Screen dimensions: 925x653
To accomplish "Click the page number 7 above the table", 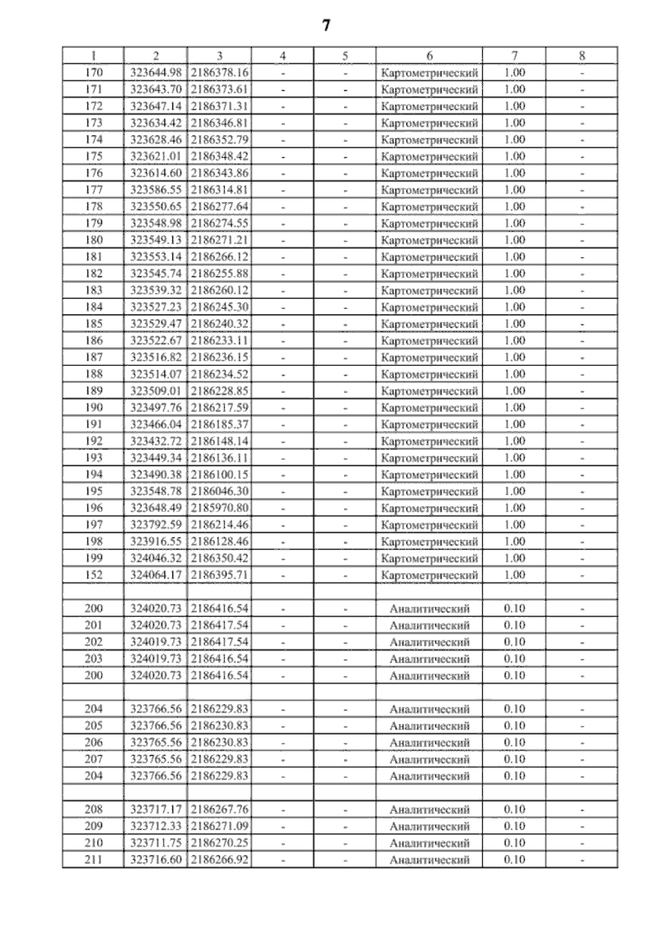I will [x=326, y=26].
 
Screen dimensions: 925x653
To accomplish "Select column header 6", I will [x=429, y=55].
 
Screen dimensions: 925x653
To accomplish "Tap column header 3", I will [x=219, y=55].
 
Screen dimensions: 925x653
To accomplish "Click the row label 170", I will [x=94, y=72].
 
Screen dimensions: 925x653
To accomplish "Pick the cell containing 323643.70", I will [x=156, y=89].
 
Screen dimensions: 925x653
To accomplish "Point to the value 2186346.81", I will [x=219, y=123].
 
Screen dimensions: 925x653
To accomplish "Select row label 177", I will [x=94, y=190].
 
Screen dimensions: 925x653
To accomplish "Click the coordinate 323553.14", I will [x=156, y=257].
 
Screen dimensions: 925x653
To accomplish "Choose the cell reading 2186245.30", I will [x=219, y=307].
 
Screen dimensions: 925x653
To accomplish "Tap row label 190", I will [x=94, y=408].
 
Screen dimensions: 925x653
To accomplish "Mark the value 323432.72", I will [x=156, y=441].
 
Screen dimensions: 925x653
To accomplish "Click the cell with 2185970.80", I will [x=219, y=508].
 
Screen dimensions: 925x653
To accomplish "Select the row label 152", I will [x=94, y=575].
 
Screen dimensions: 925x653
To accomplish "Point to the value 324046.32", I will [x=156, y=558].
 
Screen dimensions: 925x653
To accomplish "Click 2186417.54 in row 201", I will [x=219, y=625].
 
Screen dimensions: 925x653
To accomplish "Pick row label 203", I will [x=94, y=658].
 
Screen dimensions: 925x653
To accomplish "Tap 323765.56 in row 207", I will [x=156, y=759].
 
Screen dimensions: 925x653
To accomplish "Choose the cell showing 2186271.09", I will [x=219, y=826].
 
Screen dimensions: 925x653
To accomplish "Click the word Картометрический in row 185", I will [x=429, y=324].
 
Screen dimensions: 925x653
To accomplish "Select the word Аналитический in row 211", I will [x=429, y=860].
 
